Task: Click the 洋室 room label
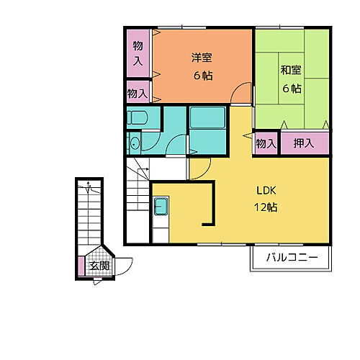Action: [202, 58]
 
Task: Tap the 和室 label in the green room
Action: [291, 70]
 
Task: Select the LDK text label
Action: [266, 191]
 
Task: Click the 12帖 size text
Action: [266, 207]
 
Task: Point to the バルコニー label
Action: [292, 258]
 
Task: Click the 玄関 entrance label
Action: [99, 266]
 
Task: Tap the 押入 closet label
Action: [304, 143]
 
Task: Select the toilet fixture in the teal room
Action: [137, 117]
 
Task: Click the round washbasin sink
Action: [135, 143]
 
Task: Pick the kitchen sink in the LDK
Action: [161, 207]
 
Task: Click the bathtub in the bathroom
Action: [207, 117]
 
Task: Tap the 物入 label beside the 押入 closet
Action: [266, 144]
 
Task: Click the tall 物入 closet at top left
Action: [138, 53]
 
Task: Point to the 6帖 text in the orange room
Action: [203, 76]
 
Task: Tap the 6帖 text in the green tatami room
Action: [292, 89]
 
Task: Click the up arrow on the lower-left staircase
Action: [89, 187]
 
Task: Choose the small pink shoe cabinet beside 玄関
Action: [81, 266]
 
